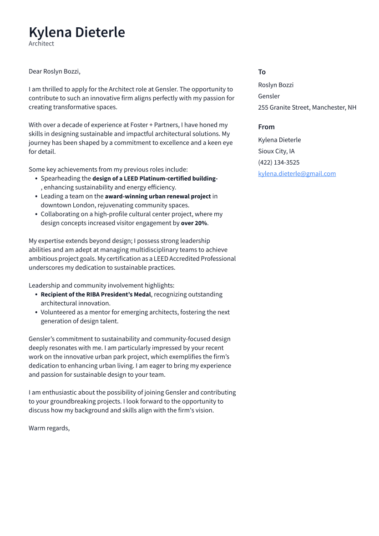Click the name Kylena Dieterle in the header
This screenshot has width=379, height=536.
pos(76,32)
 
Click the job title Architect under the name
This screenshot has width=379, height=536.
pos(41,44)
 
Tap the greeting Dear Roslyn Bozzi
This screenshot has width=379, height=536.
pos(54,71)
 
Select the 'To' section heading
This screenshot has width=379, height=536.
pos(262,72)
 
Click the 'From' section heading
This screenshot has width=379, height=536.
pos(266,127)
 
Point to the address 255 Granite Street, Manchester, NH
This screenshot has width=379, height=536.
pos(307,107)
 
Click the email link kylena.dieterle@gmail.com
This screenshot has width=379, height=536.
pos(297,173)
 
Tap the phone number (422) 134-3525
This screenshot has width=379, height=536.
pos(278,162)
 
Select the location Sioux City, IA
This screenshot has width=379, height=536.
pos(276,151)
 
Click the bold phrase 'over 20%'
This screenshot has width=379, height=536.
pos(194,223)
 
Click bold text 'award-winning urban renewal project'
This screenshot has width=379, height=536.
pos(158,196)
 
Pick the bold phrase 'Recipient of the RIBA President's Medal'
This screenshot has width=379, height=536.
pos(96,294)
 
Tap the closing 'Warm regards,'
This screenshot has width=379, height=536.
pos(49,428)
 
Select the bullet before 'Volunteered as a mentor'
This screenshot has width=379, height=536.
pos(36,312)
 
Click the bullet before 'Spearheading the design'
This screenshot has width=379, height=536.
pos(36,178)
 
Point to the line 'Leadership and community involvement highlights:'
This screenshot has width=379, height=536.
pos(101,285)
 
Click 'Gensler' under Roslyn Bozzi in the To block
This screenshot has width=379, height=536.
pos(269,96)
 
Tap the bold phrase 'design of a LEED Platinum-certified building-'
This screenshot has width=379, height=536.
pos(155,178)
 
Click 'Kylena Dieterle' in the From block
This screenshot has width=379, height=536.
pos(279,140)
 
